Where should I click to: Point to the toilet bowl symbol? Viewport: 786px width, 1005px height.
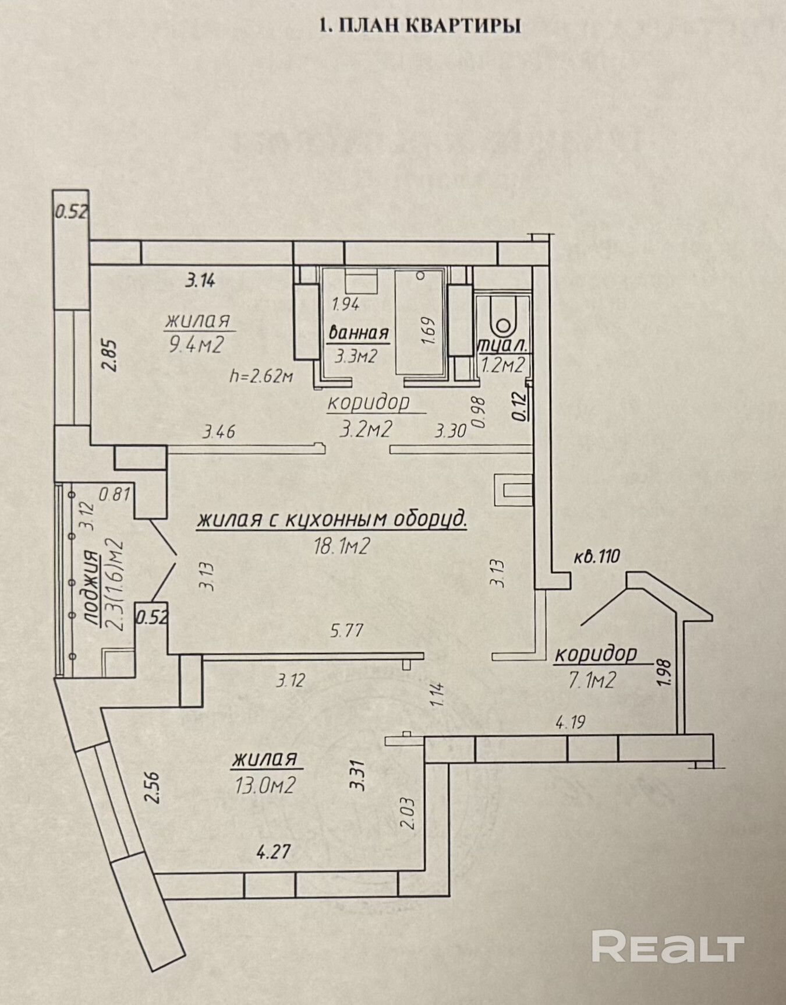coord(502,316)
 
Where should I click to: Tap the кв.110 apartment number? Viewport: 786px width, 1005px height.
coord(596,556)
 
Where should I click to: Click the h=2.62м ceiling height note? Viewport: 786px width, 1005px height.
coord(261,376)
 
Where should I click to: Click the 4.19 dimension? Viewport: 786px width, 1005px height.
coord(570,724)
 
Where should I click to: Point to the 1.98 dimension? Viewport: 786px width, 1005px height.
coord(663,675)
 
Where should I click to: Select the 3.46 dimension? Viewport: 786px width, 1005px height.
coord(219,432)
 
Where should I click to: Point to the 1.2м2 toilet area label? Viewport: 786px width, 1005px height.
coord(503,365)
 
